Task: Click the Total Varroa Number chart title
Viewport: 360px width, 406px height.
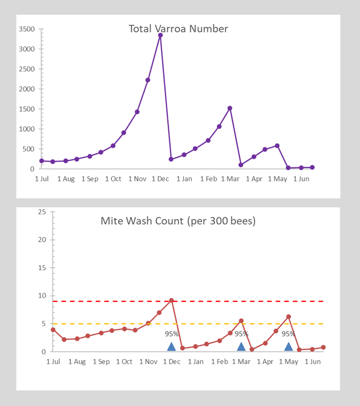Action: tap(178, 29)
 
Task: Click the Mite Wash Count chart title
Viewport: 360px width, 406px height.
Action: tap(178, 221)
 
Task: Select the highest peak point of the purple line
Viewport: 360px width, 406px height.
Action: tap(160, 35)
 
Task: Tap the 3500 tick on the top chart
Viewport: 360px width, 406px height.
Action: tap(27, 29)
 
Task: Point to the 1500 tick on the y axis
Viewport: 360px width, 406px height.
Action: tap(27, 109)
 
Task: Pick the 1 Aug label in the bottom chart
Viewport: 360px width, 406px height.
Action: tap(77, 362)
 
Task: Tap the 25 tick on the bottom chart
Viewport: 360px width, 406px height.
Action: tap(43, 212)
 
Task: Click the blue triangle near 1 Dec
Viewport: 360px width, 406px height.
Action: tap(171, 347)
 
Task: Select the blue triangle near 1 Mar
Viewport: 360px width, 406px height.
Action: tap(241, 347)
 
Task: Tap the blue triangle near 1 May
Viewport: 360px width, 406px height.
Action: tap(289, 347)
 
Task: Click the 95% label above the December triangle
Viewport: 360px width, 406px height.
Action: tap(171, 334)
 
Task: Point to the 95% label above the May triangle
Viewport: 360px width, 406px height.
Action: tap(289, 334)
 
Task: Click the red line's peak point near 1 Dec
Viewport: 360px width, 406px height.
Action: tap(171, 300)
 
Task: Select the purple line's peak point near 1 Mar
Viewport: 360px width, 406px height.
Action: tap(230, 108)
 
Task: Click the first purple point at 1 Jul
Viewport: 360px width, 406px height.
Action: tap(41, 161)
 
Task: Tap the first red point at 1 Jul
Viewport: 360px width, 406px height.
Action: tap(53, 329)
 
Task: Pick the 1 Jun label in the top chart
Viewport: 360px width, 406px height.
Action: tap(301, 179)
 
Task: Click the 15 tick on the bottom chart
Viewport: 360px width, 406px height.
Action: tap(43, 268)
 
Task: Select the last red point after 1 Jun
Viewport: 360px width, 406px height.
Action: tap(323, 347)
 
